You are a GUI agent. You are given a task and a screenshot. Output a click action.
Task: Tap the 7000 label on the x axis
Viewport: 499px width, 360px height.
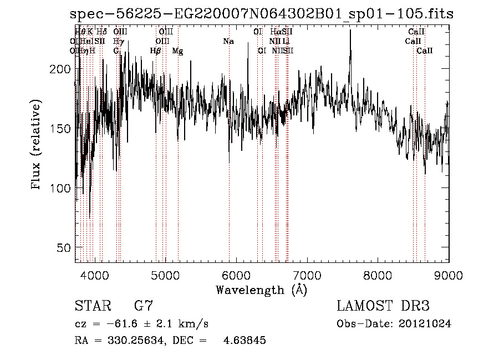tap(307, 273)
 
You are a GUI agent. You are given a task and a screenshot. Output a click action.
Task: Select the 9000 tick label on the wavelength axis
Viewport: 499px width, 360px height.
tap(449, 273)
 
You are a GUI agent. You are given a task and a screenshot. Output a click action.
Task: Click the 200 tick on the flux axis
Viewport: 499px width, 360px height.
tap(64, 69)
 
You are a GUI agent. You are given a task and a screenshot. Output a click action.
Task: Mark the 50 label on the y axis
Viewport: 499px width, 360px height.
tap(67, 247)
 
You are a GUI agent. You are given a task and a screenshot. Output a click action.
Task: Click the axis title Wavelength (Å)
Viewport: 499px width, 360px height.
tap(261, 290)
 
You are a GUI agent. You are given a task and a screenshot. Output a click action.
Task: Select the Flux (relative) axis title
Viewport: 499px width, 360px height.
tap(37, 146)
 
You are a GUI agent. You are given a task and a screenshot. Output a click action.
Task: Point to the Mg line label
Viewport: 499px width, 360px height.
tap(177, 51)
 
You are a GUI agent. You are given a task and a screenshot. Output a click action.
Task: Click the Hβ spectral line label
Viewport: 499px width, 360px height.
tap(156, 51)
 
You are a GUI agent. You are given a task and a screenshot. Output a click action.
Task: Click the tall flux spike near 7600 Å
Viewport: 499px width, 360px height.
tap(350, 33)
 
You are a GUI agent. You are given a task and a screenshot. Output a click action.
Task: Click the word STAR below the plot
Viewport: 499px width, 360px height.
tap(91, 306)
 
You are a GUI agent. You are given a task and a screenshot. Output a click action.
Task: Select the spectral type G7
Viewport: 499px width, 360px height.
tap(144, 306)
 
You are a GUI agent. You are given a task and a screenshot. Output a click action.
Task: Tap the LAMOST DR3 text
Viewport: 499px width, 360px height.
tap(383, 306)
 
